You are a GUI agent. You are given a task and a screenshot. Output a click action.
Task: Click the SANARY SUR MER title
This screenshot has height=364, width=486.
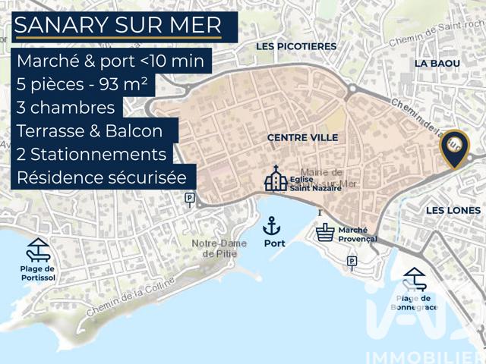click(118, 25)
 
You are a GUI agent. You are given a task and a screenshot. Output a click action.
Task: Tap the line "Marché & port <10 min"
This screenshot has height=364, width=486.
click(110, 61)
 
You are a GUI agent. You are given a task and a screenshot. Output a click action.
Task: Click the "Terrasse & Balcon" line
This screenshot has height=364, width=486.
click(90, 130)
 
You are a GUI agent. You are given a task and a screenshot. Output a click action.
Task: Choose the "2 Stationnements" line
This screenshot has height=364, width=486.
click(91, 154)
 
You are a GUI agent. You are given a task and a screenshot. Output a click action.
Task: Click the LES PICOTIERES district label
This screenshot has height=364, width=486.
click(296, 46)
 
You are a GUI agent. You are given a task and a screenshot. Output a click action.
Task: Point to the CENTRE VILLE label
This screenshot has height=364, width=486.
click(302, 137)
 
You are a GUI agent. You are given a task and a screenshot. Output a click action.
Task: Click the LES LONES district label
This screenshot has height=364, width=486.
click(453, 209)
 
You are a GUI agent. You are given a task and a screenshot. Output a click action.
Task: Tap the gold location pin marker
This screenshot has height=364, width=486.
click(455, 148)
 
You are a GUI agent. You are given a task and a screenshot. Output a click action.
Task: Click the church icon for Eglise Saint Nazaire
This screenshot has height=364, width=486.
click(276, 179)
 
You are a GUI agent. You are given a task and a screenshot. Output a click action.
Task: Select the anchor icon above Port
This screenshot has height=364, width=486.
click(272, 225)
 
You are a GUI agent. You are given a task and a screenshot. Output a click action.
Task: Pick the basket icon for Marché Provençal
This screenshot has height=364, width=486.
click(326, 231)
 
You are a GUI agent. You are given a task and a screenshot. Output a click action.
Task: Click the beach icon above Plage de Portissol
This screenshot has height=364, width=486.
click(37, 249)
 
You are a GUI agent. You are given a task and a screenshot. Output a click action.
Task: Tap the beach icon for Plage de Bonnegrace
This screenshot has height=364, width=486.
click(415, 279)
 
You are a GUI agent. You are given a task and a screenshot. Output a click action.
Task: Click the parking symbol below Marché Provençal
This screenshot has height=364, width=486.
click(352, 262)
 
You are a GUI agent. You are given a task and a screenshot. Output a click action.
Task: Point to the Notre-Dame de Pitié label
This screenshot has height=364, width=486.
click(216, 248)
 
